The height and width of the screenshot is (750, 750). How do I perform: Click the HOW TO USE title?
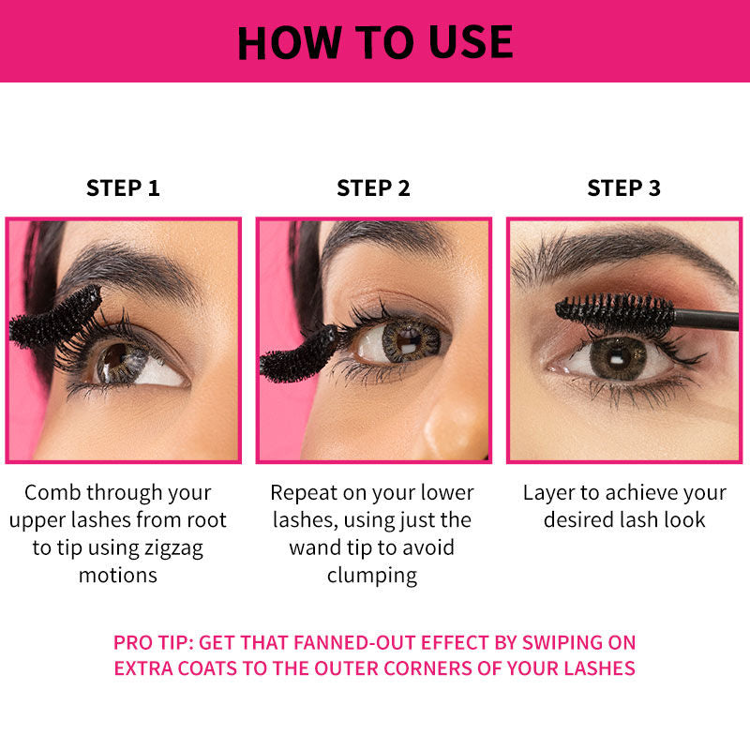point(375,42)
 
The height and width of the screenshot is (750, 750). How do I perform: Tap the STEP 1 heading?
point(123,188)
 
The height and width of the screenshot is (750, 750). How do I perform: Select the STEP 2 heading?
point(373,188)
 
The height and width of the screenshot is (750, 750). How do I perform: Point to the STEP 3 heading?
point(624,188)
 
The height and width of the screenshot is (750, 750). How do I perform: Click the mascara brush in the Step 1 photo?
point(55,318)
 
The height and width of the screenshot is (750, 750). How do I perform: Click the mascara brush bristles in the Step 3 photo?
point(616,313)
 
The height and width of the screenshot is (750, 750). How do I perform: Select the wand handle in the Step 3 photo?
point(707,320)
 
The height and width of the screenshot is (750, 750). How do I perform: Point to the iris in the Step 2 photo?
point(411,340)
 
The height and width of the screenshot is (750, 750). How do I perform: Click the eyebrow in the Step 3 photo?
point(622,253)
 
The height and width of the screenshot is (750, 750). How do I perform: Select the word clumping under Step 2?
point(372,576)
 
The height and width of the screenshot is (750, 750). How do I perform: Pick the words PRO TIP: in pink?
point(153,642)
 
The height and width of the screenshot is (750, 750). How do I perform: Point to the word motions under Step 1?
point(118,576)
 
